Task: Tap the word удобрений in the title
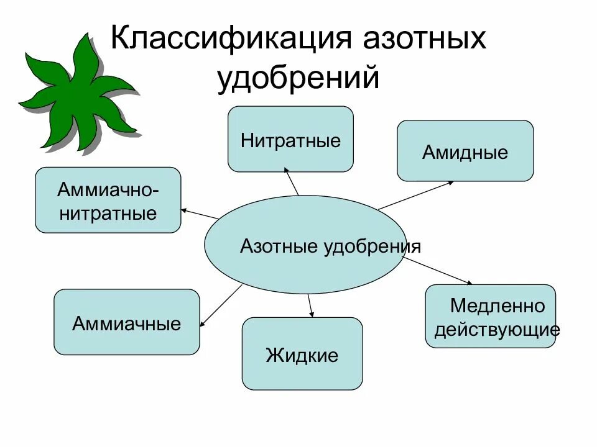298,79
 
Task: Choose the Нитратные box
290,139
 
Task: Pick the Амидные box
465,151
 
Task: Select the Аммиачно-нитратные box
108,200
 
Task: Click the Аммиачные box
127,322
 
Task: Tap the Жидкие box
302,354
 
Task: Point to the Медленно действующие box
491,316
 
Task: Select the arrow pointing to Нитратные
291,180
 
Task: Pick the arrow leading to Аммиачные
221,305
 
